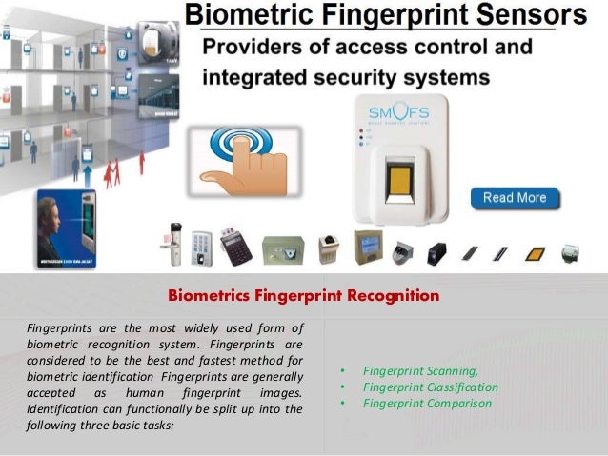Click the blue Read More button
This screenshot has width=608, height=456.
click(515, 198)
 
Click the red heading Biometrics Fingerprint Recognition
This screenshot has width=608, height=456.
click(303, 296)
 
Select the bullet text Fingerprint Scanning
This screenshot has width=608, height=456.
click(420, 370)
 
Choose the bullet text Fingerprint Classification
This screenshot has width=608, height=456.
click(430, 387)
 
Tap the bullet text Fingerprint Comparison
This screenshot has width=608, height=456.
click(427, 403)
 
